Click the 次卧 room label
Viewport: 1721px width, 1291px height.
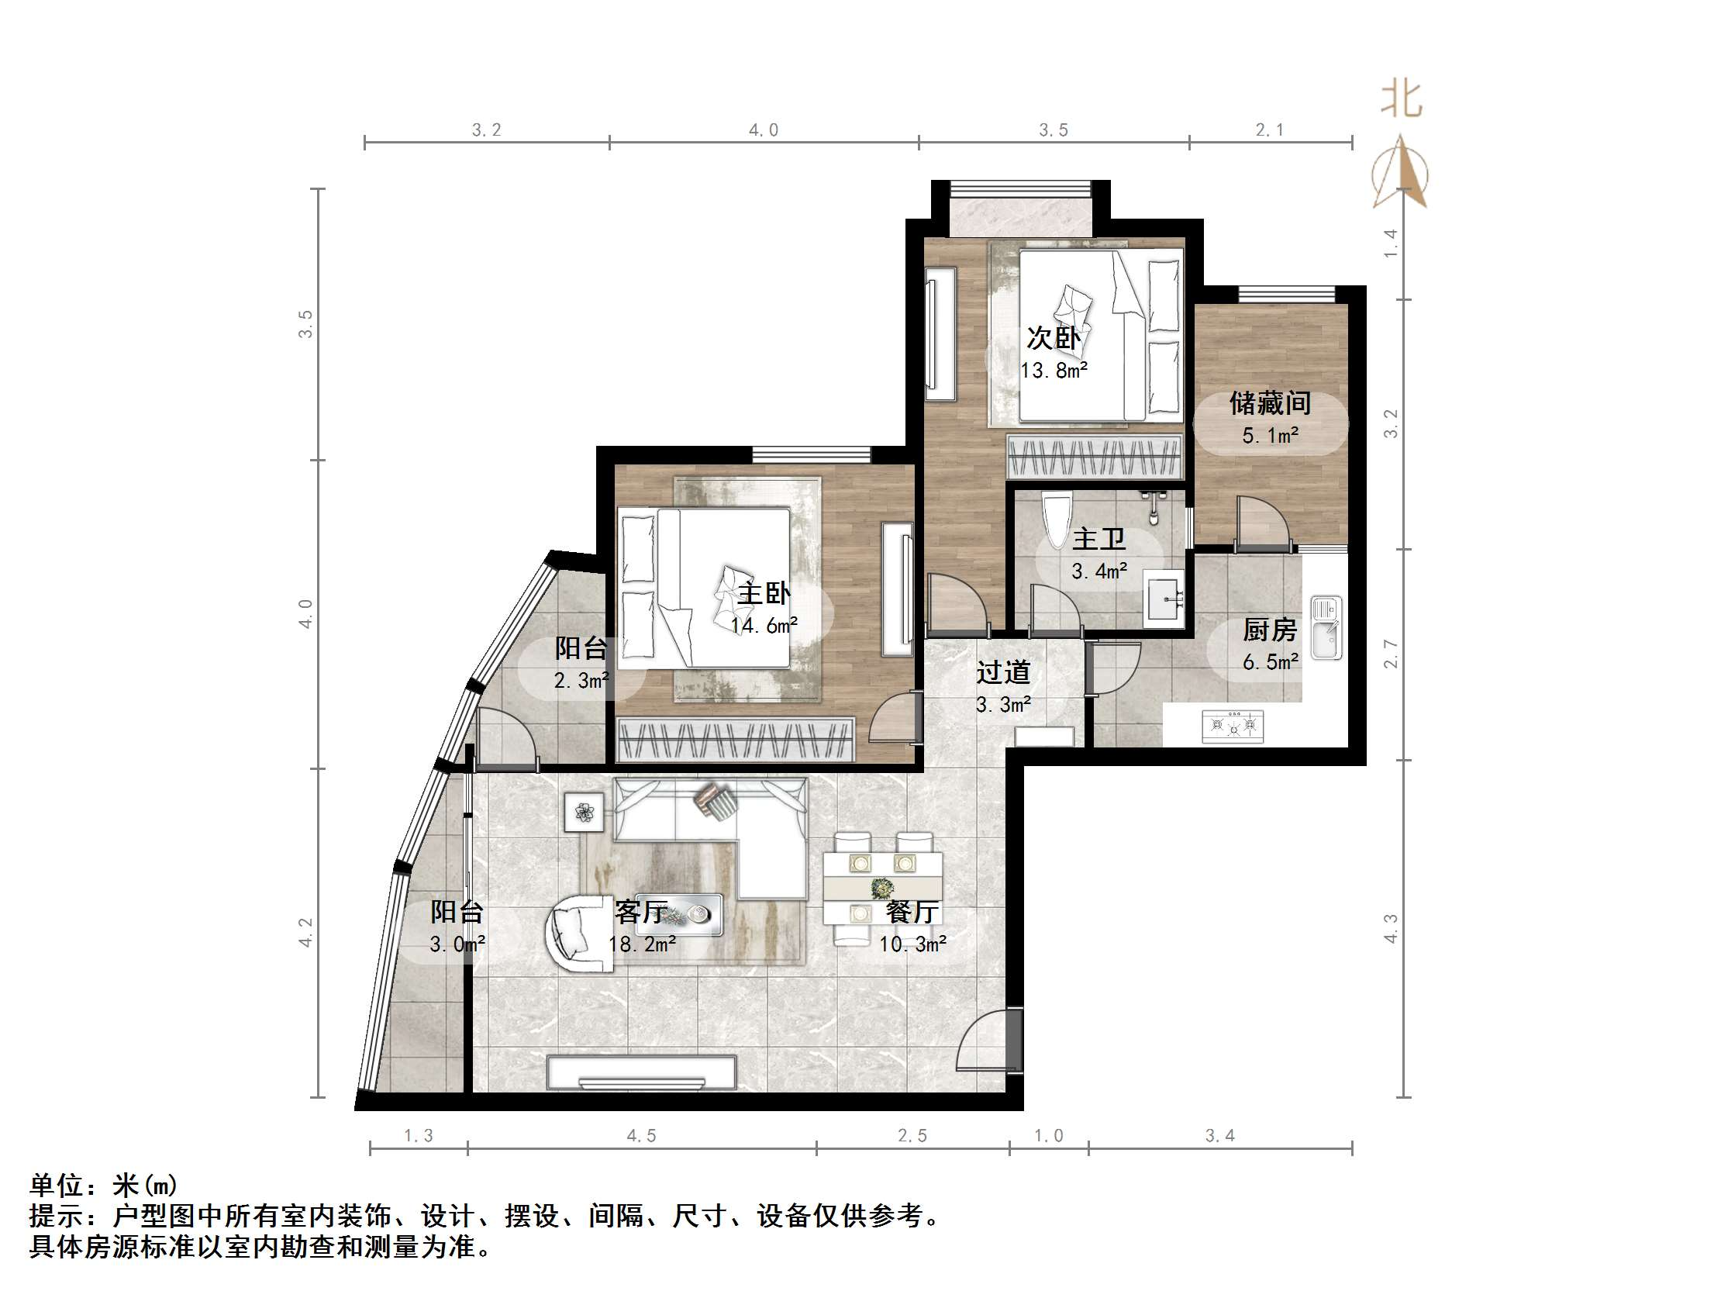click(x=1054, y=338)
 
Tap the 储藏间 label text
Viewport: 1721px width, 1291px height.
click(x=1270, y=403)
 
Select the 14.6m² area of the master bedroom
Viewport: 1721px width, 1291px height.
click(x=764, y=626)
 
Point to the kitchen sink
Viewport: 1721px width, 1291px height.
click(x=1326, y=627)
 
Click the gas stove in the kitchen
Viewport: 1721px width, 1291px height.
click(x=1233, y=726)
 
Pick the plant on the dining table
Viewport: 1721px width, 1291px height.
click(x=882, y=886)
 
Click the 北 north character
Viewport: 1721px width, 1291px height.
click(x=1402, y=99)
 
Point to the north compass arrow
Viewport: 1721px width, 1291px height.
click(x=1401, y=173)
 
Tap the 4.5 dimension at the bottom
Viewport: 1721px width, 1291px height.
click(x=642, y=1136)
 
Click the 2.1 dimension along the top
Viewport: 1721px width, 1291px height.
click(x=1270, y=130)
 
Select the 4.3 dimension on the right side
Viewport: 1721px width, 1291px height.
click(x=1391, y=929)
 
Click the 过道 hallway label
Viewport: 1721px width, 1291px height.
click(x=1004, y=672)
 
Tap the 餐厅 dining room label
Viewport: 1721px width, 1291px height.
click(x=912, y=912)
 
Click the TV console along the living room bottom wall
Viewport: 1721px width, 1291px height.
click(x=642, y=1073)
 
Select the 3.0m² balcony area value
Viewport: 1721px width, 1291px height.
click(x=457, y=944)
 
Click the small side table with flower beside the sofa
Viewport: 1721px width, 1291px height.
click(x=585, y=813)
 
